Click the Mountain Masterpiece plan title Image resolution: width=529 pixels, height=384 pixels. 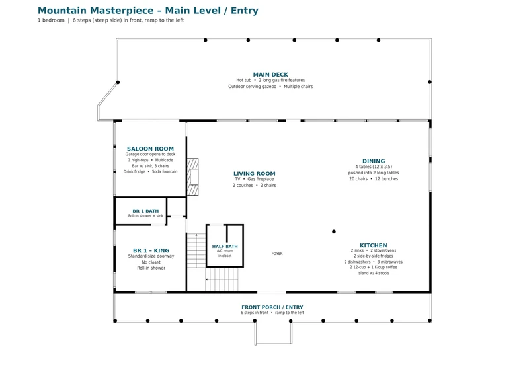pyautogui.click(x=147, y=11)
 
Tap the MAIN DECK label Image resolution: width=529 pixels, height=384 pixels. pyautogui.click(x=270, y=75)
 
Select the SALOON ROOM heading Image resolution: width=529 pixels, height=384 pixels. pyautogui.click(x=151, y=149)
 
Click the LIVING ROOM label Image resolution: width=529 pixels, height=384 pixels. pyautogui.click(x=255, y=174)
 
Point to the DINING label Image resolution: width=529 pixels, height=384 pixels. pyautogui.click(x=374, y=161)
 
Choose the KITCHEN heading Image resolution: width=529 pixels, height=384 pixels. pyautogui.click(x=374, y=245)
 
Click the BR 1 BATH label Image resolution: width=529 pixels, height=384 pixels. pyautogui.click(x=145, y=211)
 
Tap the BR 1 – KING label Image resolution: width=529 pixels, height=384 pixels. pyautogui.click(x=151, y=250)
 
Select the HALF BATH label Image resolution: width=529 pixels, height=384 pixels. pyautogui.click(x=225, y=247)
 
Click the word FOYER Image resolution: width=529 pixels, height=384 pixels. pyautogui.click(x=277, y=254)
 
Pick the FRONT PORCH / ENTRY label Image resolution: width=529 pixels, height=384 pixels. pyautogui.click(x=272, y=307)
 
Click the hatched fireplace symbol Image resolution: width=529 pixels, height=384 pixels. pyautogui.click(x=193, y=177)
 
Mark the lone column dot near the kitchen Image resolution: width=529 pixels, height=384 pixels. pyautogui.click(x=334, y=231)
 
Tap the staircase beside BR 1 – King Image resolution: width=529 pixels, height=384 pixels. pyautogui.click(x=196, y=250)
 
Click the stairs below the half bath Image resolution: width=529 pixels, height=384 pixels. pyautogui.click(x=222, y=280)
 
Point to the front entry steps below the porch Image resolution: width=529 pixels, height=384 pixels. pyautogui.click(x=273, y=333)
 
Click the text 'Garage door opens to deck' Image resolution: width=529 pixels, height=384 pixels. pyautogui.click(x=151, y=155)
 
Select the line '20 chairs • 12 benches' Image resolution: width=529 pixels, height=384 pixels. pyautogui.click(x=374, y=179)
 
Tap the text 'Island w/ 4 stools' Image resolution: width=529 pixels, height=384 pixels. pyautogui.click(x=374, y=273)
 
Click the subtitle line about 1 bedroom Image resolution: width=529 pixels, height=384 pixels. pyautogui.click(x=110, y=20)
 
